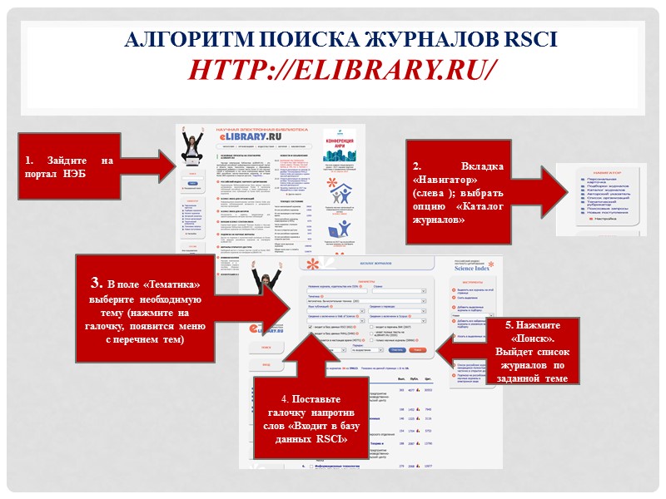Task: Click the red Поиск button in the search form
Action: [418, 350]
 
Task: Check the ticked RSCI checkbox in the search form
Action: [310, 328]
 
